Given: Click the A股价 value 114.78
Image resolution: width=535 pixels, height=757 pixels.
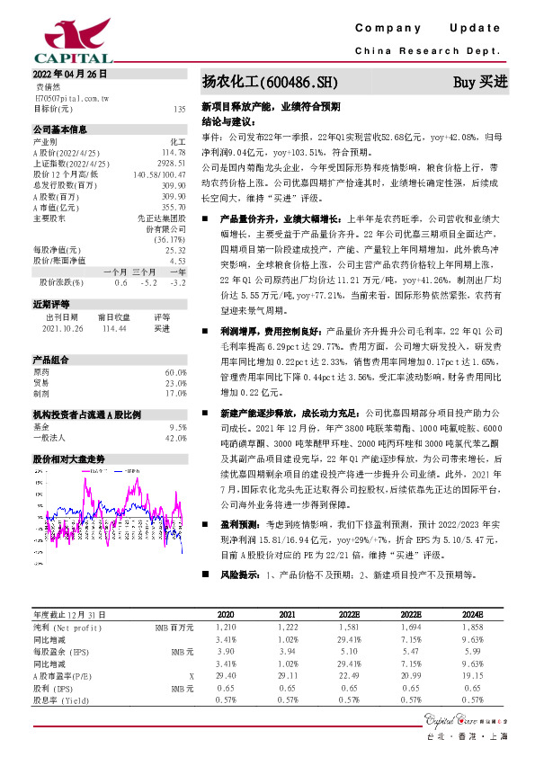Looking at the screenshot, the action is click(x=174, y=152).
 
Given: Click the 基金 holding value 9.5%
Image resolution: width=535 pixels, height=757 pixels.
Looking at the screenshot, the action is click(x=177, y=427).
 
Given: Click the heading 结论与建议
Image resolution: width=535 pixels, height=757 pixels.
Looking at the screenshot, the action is click(x=227, y=120).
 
